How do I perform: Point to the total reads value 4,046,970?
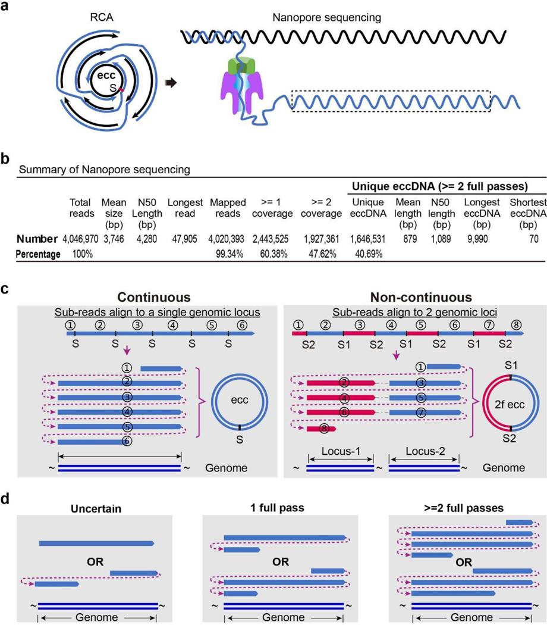click(x=83, y=239)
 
